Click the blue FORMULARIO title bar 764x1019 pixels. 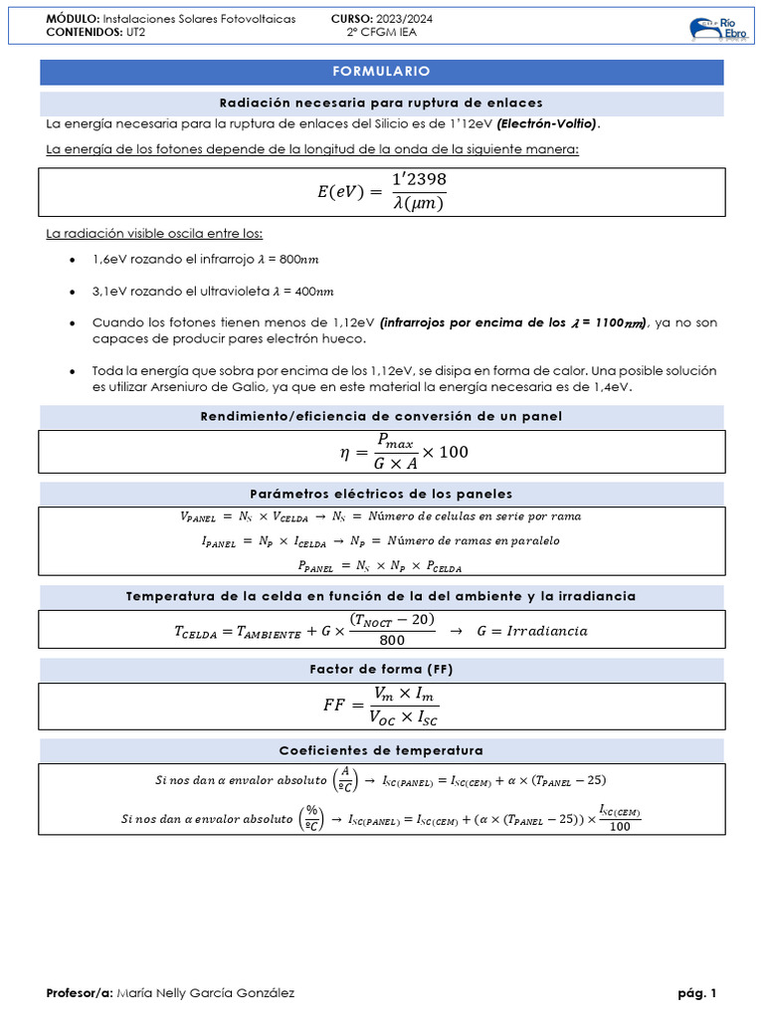(x=381, y=72)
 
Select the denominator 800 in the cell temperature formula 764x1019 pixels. (x=392, y=640)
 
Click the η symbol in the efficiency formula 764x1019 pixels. (x=345, y=453)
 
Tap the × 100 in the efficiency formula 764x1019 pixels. (x=445, y=453)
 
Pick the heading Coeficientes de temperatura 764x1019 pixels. (x=381, y=749)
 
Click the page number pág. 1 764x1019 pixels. (x=696, y=993)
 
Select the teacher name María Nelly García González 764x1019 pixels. (x=205, y=993)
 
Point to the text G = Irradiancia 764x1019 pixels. (x=532, y=631)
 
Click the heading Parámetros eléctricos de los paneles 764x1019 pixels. (x=381, y=494)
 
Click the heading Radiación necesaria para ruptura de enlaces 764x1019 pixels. (x=381, y=103)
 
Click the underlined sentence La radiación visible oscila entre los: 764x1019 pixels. (x=154, y=234)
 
